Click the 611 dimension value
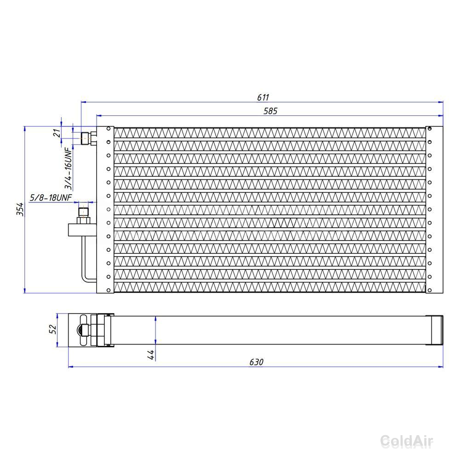coord(263,97)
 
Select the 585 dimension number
coord(270,111)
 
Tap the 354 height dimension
coord(20,209)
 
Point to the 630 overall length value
coord(256,362)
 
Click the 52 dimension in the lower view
coord(52,329)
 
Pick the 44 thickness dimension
coord(150,355)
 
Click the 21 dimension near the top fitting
coord(57,133)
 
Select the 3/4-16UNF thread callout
coord(68,168)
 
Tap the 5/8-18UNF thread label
coord(51,197)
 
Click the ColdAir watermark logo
coord(407,441)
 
